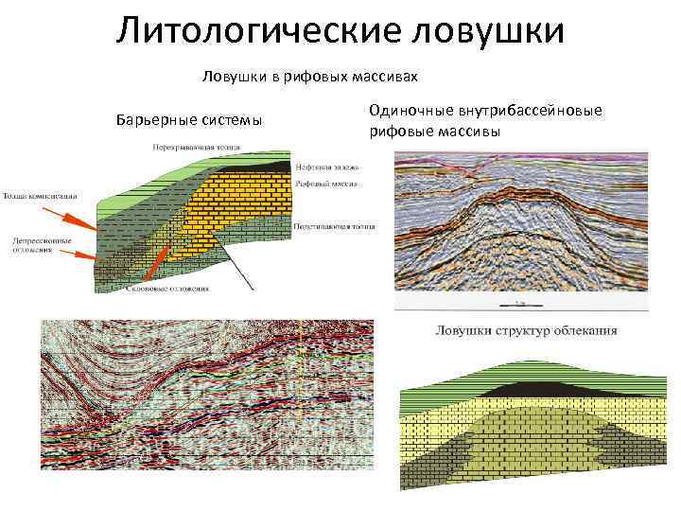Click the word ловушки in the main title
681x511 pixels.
point(488,31)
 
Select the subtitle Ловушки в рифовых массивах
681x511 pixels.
point(309,74)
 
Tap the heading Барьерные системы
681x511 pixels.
point(188,121)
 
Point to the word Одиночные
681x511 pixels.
point(409,112)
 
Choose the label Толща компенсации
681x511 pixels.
point(39,195)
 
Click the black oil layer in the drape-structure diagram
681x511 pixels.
point(531,390)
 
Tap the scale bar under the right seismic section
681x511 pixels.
point(520,305)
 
